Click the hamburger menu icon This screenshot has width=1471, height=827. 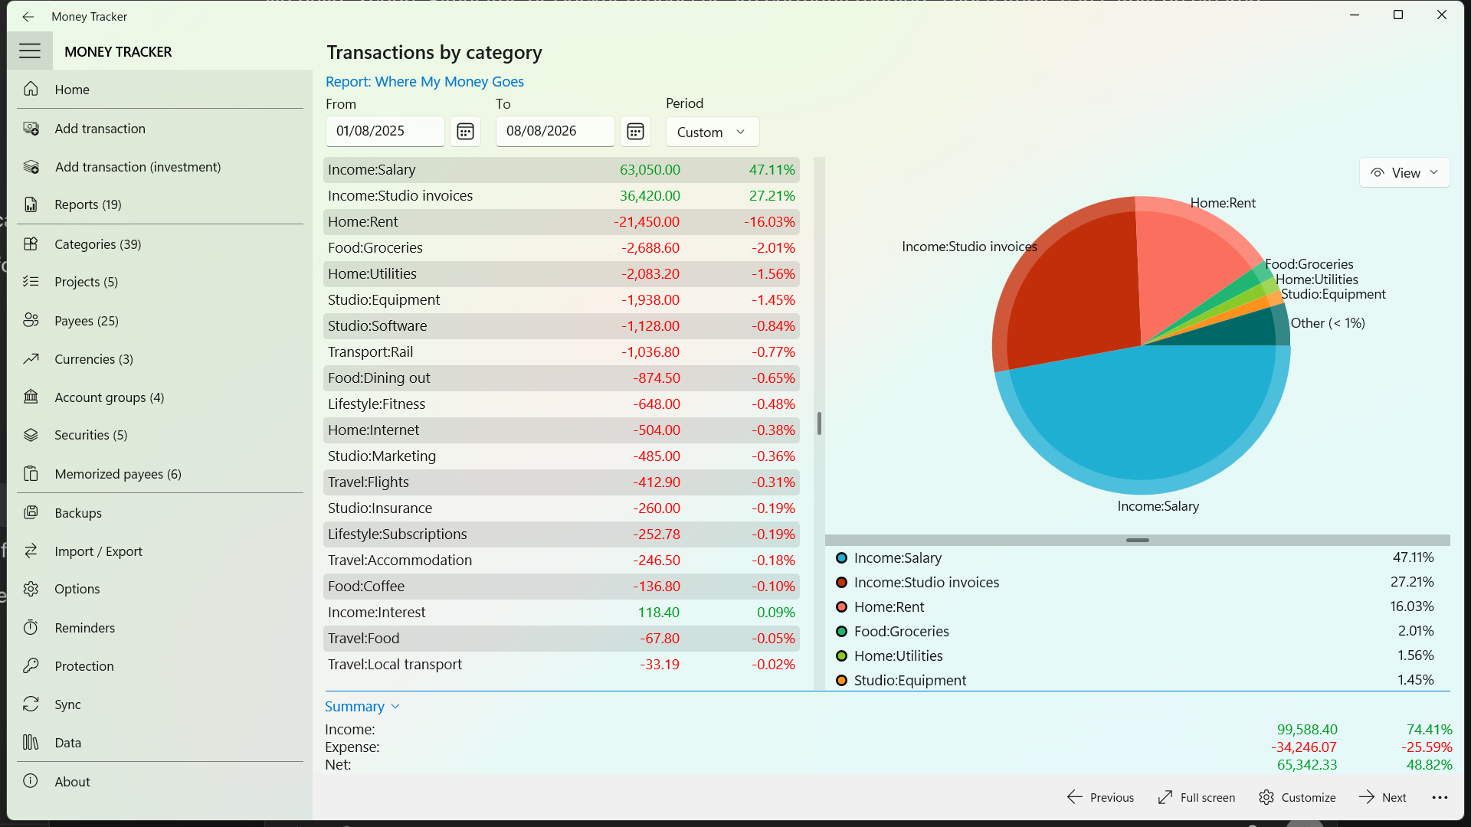[30, 51]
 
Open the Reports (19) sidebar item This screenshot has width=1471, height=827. [87, 204]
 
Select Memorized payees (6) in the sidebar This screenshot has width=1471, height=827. [118, 474]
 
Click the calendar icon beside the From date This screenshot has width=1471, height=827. [465, 132]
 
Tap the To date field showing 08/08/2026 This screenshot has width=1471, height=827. [555, 131]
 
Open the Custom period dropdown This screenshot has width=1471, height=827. [712, 132]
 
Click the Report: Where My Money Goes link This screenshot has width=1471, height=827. [424, 81]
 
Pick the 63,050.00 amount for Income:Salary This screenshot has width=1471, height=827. [650, 170]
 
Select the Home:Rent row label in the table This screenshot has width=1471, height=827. [363, 222]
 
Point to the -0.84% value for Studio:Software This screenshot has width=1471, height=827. [773, 326]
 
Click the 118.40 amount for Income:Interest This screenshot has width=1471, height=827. [658, 613]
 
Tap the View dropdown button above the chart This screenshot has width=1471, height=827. [1404, 173]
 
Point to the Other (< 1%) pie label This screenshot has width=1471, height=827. [1328, 323]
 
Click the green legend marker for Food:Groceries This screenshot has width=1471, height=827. [841, 632]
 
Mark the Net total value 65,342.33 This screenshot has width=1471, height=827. [1307, 765]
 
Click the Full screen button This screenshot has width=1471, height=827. [1197, 797]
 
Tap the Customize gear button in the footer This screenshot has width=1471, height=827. [1297, 797]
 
